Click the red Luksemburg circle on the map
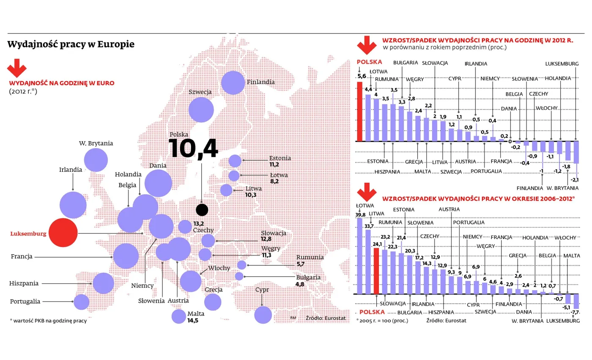click(x=63, y=233)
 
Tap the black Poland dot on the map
click(x=202, y=210)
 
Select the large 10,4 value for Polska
click(x=193, y=148)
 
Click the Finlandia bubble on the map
click(x=233, y=83)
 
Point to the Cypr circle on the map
click(x=263, y=315)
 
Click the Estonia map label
click(x=280, y=158)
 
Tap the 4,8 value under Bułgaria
click(x=300, y=284)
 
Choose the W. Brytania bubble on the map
click(x=96, y=160)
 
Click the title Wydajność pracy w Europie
click(x=71, y=44)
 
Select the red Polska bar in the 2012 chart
click(x=360, y=112)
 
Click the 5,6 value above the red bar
click(x=362, y=77)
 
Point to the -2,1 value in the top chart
click(x=575, y=180)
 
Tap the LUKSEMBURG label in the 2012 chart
click(x=562, y=64)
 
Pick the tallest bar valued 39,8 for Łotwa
click(x=360, y=256)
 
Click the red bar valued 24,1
click(x=376, y=271)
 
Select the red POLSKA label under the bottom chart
click(x=372, y=312)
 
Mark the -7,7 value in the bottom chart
click(x=575, y=312)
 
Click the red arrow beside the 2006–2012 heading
click(x=367, y=192)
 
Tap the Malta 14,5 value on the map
click(x=193, y=321)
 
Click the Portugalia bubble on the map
click(x=81, y=302)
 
